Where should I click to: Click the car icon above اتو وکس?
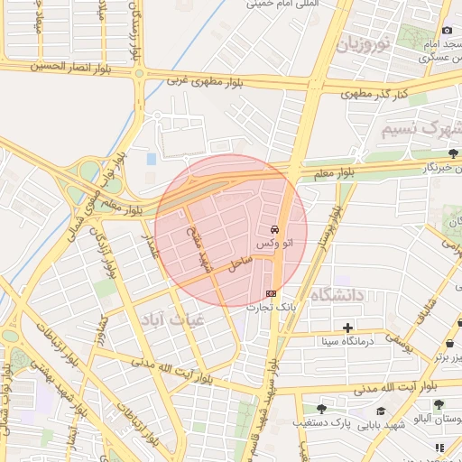pos(274,229)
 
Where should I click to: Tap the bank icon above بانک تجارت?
pos(272,293)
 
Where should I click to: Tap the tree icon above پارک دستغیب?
pos(321,408)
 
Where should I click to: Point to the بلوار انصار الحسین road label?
pos(71,66)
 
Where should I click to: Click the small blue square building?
pos(151,159)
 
